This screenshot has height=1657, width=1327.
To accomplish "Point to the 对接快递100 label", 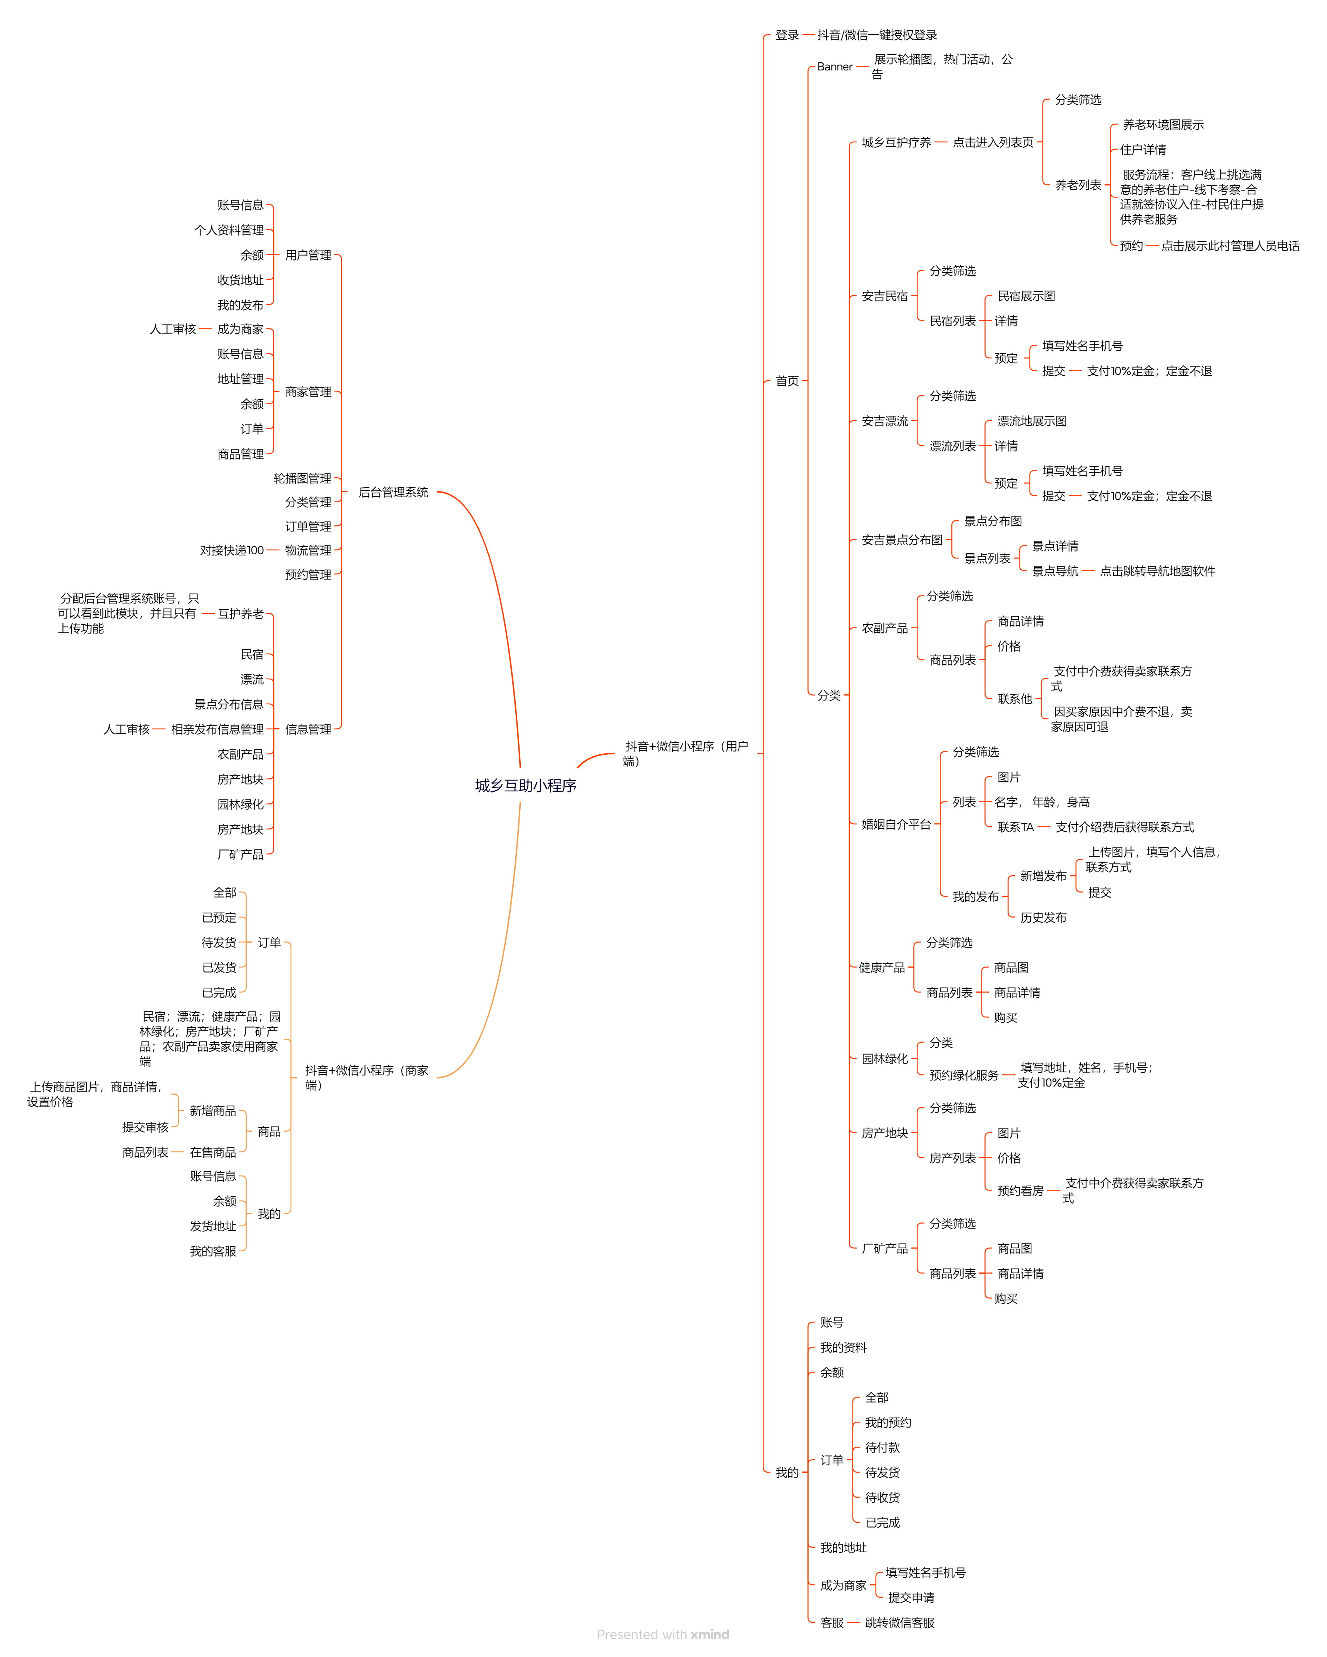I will click(x=231, y=550).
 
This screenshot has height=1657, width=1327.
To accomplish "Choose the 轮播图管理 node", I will click(x=302, y=478).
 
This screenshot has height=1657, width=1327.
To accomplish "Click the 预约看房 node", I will click(x=1019, y=1190).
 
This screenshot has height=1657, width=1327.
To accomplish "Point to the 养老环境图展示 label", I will click(x=1163, y=124).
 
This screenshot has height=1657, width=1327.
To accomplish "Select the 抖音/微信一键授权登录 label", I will click(x=877, y=35).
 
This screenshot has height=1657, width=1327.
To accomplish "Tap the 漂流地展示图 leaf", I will click(x=1031, y=421).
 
